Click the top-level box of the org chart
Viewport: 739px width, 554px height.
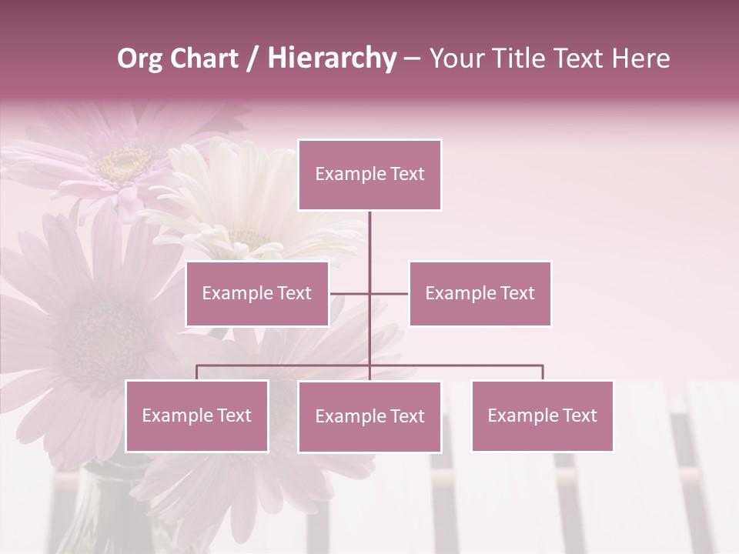pos(369,175)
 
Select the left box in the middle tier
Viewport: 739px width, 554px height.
pos(257,293)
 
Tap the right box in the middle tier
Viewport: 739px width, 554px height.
pos(480,293)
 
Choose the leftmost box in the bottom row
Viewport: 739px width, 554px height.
pos(196,415)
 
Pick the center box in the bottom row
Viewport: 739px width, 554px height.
pos(369,416)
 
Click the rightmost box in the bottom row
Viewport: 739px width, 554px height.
pos(542,415)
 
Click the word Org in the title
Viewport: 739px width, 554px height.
pos(139,58)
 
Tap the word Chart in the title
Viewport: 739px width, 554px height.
pos(203,58)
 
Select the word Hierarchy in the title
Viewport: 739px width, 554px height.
pos(332,58)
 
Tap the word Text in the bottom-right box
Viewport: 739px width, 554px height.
pos(580,415)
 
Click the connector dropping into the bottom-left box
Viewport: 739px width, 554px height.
pos(196,372)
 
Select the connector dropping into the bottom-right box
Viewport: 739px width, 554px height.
pos(543,372)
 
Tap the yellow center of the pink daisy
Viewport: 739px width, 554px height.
pos(125,162)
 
